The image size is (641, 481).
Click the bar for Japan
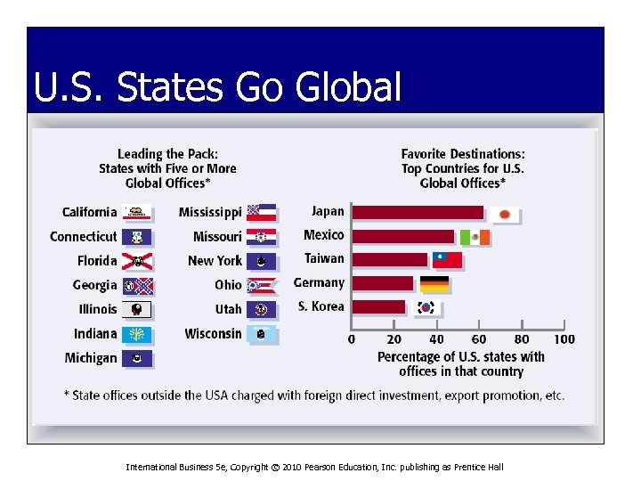[x=418, y=213]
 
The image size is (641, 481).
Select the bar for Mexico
[x=403, y=236]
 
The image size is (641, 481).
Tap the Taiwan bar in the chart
[x=390, y=260]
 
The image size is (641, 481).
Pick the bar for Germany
[x=383, y=283]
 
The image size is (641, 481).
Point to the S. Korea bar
[x=378, y=306]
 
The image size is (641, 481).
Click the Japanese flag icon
[x=505, y=215]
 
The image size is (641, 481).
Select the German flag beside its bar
[x=434, y=284]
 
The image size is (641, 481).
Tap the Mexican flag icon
[x=475, y=237]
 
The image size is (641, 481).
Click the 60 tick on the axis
[x=479, y=339]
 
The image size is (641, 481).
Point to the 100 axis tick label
[x=564, y=339]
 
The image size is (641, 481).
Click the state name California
[x=89, y=212]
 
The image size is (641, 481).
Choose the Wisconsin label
[x=213, y=333]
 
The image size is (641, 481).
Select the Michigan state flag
[x=137, y=358]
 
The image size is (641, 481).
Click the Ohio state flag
[x=262, y=285]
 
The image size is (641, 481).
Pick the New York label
[x=215, y=260]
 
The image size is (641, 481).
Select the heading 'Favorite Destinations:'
[x=463, y=154]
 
